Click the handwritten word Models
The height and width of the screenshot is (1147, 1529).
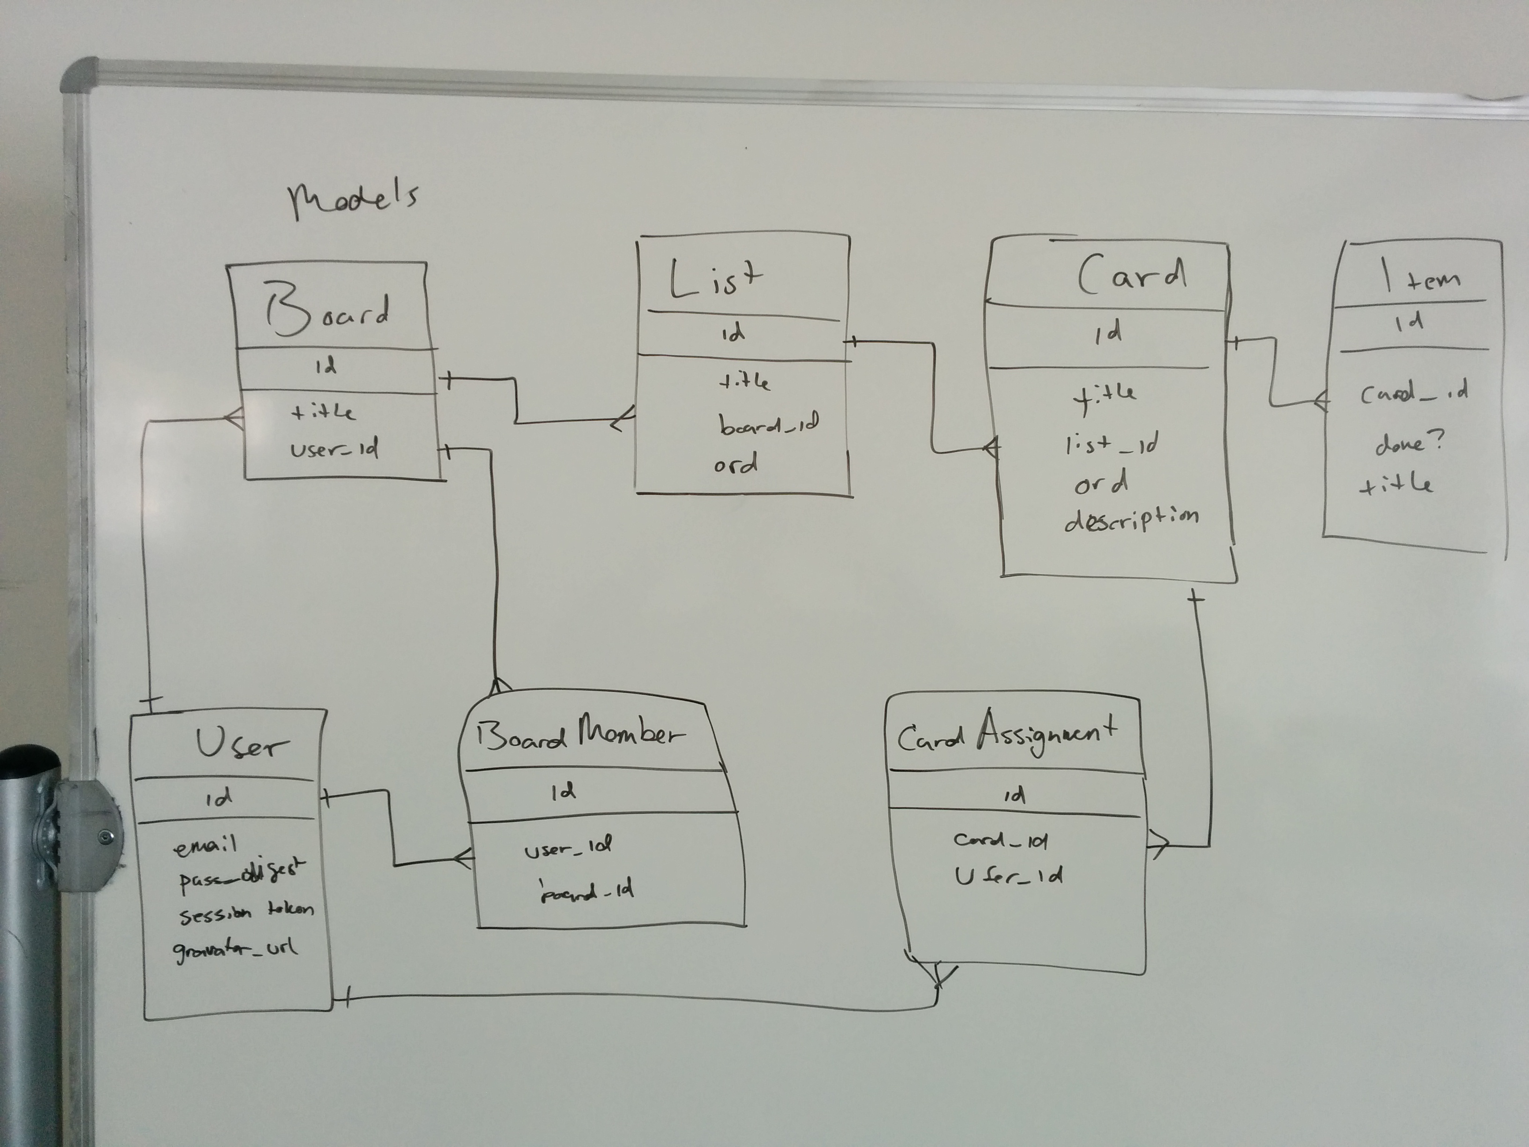353,200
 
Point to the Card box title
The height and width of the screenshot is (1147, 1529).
1132,275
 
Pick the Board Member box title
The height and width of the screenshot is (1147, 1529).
580,735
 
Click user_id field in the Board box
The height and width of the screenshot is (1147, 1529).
334,450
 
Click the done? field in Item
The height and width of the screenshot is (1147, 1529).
1409,443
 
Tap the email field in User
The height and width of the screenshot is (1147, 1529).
205,846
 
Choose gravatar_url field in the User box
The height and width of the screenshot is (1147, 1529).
236,949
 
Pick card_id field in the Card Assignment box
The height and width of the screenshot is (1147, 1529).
1000,840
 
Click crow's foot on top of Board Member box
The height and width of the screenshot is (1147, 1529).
498,686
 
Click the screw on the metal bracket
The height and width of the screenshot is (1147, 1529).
105,837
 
